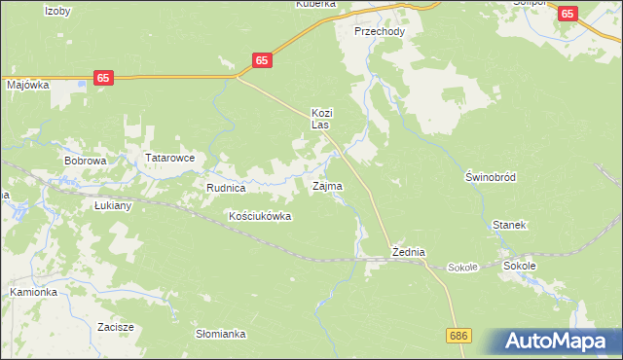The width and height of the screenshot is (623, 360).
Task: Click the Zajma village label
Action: pos(326,185)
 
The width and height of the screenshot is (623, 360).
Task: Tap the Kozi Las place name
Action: pos(321,119)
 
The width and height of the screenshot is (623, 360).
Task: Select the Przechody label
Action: pos(380,31)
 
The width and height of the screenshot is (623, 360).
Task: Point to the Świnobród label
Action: pos(490,177)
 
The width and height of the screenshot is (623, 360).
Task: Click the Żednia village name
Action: pos(409,252)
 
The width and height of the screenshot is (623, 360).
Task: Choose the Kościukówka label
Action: pos(259,216)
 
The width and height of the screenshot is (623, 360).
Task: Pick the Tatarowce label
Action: pos(170,158)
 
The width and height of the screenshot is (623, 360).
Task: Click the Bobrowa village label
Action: pos(85,160)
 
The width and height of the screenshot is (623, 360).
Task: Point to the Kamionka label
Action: pos(34,292)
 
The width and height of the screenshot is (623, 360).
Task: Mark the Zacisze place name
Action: pos(115,327)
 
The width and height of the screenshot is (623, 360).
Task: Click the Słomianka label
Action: pos(221,334)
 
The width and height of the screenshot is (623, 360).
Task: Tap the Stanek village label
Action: pos(509,225)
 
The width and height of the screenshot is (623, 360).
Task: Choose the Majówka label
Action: pos(28,85)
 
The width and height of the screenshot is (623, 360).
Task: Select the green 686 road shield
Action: pos(460,335)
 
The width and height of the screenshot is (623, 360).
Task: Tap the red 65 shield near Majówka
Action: pos(104,77)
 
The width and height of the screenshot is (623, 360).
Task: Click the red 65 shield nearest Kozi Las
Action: pos(261,60)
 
